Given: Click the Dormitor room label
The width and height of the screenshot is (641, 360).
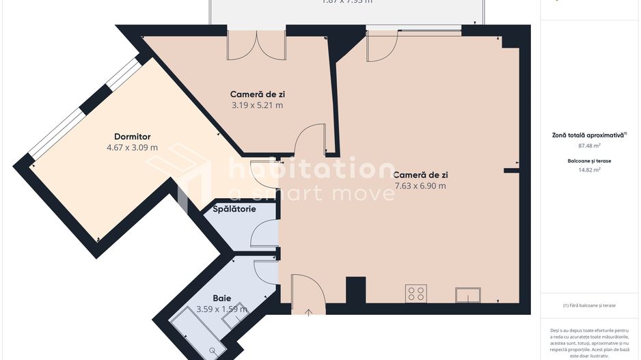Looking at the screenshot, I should [x=133, y=137].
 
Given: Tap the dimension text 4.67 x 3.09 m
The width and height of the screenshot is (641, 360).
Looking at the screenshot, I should [x=133, y=148].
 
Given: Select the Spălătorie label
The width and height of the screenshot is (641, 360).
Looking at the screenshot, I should [x=234, y=208].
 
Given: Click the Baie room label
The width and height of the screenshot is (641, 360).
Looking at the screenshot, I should [x=222, y=299].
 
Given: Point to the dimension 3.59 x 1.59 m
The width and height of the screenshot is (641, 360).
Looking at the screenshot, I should [x=222, y=309].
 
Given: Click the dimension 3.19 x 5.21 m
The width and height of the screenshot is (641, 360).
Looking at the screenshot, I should [x=256, y=105].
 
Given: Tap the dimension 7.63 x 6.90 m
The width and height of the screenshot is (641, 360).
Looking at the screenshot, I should [x=420, y=186].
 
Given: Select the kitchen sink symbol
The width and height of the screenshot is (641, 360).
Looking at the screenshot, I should [x=468, y=294].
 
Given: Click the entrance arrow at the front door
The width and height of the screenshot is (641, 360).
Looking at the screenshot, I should [x=308, y=313].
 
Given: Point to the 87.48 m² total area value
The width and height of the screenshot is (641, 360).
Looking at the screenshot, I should [x=589, y=146].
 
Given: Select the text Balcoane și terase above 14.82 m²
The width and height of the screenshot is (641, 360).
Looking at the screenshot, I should [x=589, y=161].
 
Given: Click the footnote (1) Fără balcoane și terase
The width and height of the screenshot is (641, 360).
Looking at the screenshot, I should [x=589, y=305].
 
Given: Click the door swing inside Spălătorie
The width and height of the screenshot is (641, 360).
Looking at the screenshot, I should [x=264, y=234].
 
